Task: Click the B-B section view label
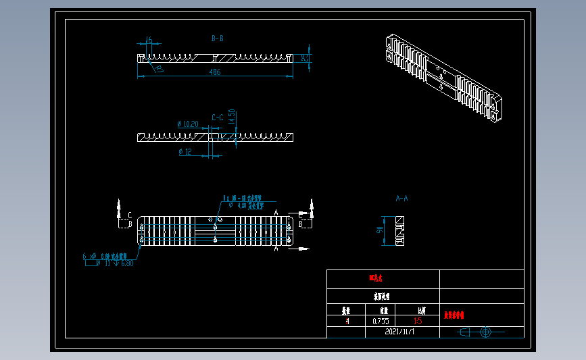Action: [217, 38]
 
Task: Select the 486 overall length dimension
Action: [215, 72]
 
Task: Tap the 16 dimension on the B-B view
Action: [149, 41]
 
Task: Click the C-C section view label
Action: [217, 118]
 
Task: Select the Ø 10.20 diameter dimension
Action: [187, 124]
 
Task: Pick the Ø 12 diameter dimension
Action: [185, 152]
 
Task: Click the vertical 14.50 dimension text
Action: [231, 118]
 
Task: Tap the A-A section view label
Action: [401, 199]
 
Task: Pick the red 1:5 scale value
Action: [418, 322]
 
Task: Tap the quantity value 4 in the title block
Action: [347, 322]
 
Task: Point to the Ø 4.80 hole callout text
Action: [245, 205]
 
